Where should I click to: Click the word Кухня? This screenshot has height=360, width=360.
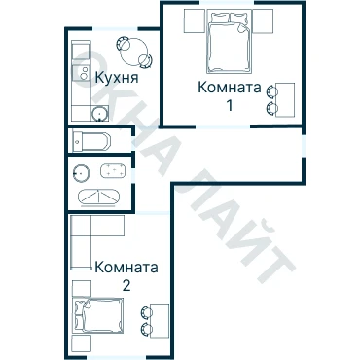117,78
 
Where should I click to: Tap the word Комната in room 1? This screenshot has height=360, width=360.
230,88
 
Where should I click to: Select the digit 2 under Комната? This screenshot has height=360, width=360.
126,285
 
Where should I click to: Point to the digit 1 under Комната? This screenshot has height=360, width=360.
230,105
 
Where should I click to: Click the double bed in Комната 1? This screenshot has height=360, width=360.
230,41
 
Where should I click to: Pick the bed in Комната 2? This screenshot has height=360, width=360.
98,314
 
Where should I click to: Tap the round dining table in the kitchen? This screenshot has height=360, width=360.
133,52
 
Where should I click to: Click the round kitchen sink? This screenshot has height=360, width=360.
99,114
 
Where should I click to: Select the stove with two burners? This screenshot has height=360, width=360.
81,73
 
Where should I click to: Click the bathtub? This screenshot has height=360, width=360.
91,142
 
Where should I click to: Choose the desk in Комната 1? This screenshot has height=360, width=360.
285,100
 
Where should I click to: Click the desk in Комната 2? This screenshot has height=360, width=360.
160,321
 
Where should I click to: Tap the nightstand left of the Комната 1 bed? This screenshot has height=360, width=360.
195,21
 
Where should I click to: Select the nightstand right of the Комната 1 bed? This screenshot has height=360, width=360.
263,21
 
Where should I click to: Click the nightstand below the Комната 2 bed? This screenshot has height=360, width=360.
81,343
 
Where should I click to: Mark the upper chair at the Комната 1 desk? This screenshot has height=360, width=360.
271,91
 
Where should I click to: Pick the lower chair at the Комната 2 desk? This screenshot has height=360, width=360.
146,329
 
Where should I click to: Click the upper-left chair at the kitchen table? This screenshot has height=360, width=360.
123,44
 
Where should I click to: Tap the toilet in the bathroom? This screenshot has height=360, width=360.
81,173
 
